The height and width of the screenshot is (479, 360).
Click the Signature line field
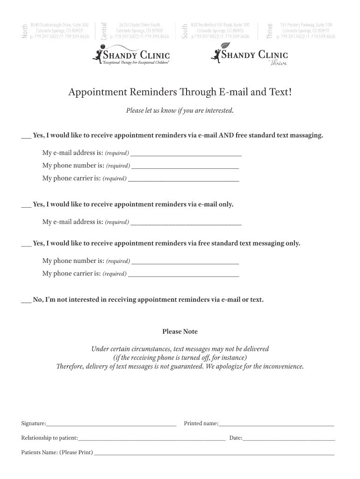coord(111,426)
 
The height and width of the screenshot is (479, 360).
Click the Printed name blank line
coord(276,426)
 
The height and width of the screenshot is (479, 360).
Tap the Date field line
coord(288,440)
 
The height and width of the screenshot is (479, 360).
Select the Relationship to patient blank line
coord(151,440)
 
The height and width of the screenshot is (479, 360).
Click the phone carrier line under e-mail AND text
coord(183,180)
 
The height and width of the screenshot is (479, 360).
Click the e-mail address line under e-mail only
coord(186,224)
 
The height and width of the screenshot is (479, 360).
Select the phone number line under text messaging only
coord(185,263)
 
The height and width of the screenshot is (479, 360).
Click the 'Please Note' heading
coord(180,332)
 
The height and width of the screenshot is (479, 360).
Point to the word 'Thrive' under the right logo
coord(277,64)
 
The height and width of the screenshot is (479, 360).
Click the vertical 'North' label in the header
coord(25,31)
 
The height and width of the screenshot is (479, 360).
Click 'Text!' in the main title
coord(279,93)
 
